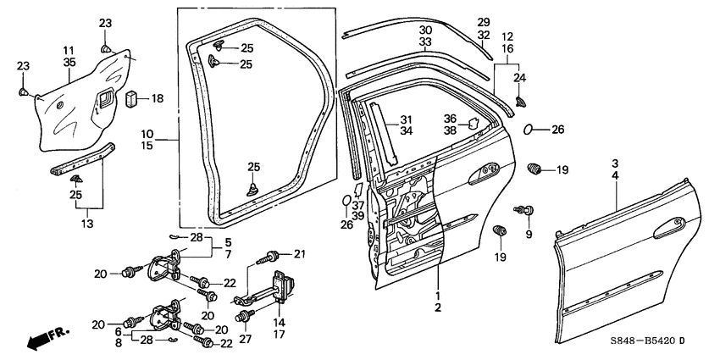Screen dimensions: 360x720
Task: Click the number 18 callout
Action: pos(158,99)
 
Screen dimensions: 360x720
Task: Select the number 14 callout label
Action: pos(278,322)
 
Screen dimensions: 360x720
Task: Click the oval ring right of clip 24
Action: pos(529,130)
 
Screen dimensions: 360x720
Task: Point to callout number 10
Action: pos(146,133)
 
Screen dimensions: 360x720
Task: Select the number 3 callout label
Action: pos(615,162)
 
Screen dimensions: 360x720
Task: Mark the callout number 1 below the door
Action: pos(437,296)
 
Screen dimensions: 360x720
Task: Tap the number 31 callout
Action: pos(406,119)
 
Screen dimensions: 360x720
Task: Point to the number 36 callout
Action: pos(450,119)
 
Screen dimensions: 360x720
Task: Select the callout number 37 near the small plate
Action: pos(357,205)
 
